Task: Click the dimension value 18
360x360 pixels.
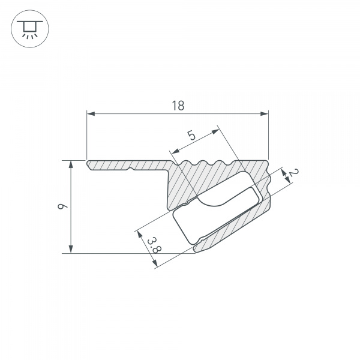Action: tap(178, 106)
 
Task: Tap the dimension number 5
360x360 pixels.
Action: tap(191, 136)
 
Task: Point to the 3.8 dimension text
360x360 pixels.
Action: tap(153, 245)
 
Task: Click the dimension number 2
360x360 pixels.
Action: tap(292, 174)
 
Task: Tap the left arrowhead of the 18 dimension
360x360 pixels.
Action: tap(90, 113)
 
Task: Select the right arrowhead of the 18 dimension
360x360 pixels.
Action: tap(265, 113)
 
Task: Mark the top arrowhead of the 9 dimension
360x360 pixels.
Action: tap(71, 164)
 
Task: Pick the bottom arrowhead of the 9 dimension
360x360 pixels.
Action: tap(71, 250)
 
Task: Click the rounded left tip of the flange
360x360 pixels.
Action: tap(88, 164)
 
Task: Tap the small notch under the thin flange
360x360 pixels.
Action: tap(130, 170)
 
